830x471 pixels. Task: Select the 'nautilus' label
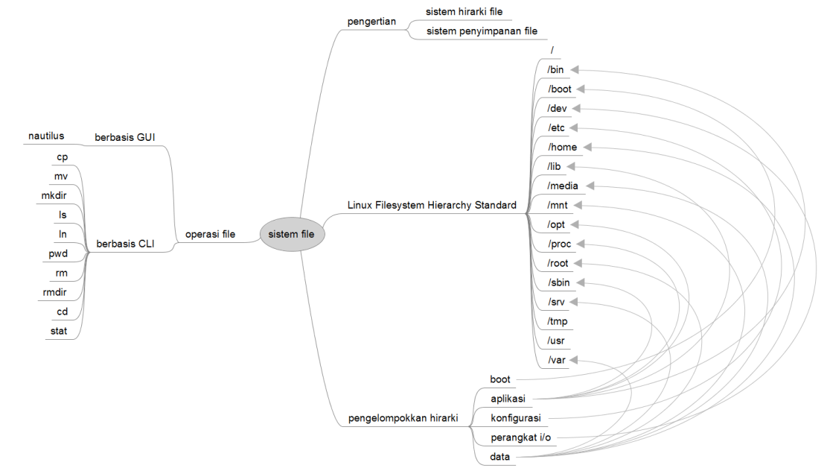[46, 136]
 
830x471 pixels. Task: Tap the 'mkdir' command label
[54, 196]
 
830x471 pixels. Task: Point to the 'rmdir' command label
[55, 293]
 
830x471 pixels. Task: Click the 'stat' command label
[58, 332]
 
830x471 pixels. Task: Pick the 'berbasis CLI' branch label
[126, 243]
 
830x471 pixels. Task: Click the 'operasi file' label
[210, 235]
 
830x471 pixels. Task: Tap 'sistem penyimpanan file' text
[482, 31]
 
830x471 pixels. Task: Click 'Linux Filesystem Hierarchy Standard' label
[432, 205]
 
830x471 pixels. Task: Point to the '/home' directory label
[562, 148]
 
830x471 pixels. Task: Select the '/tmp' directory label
[558, 322]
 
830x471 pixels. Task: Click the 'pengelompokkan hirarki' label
[402, 418]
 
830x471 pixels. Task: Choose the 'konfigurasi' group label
[515, 418]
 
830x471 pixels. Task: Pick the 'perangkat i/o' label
[520, 437]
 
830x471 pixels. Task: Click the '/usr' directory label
[557, 341]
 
